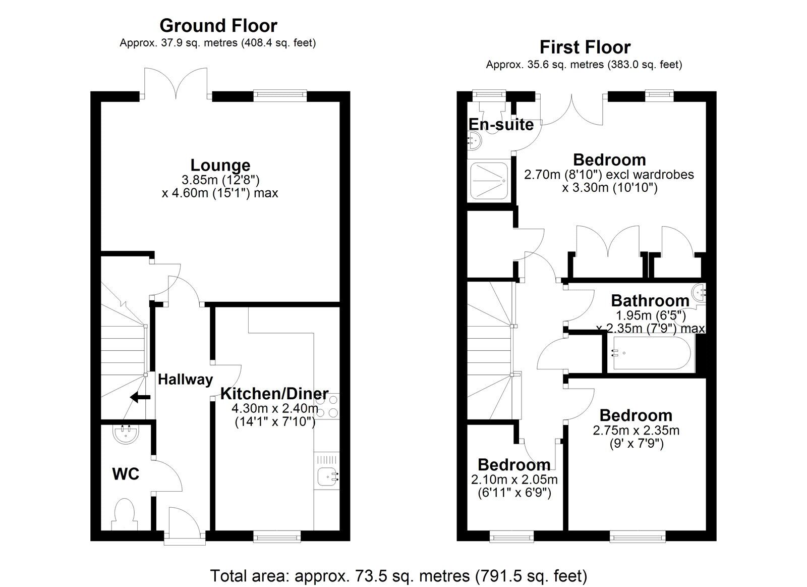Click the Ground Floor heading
click(x=218, y=25)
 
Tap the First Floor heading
click(x=585, y=47)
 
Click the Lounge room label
click(x=220, y=165)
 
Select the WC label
click(x=125, y=474)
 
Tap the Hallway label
click(x=185, y=380)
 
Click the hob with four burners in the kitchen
click(x=327, y=406)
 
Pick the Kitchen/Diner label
click(x=274, y=393)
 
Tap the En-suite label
click(x=501, y=124)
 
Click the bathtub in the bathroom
click(x=650, y=353)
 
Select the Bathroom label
click(x=650, y=300)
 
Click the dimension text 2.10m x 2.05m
click(x=514, y=479)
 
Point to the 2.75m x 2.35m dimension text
click(x=636, y=431)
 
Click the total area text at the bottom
click(x=398, y=575)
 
